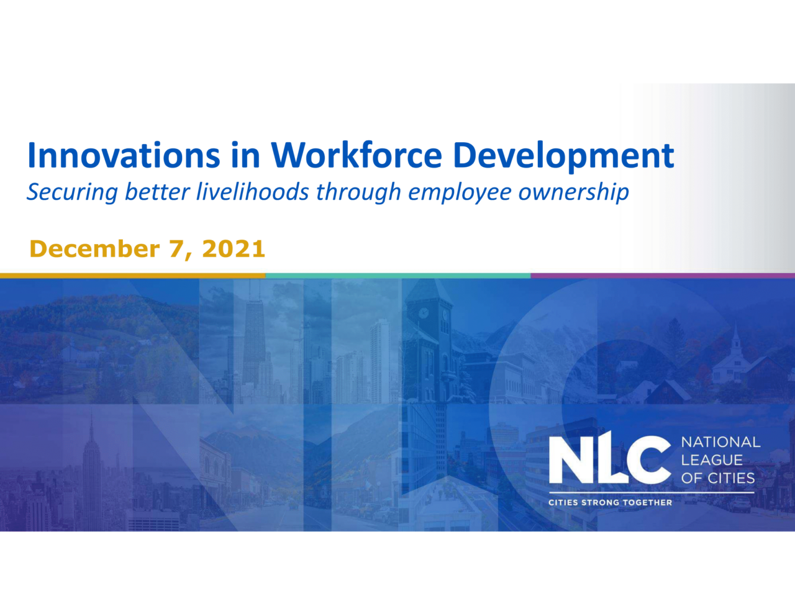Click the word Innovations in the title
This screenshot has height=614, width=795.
(124, 155)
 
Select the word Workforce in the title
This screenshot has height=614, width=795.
(356, 155)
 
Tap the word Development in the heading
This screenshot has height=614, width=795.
(563, 156)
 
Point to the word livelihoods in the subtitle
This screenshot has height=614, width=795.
(252, 191)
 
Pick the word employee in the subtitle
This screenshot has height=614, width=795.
(460, 192)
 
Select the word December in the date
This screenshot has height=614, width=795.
(94, 249)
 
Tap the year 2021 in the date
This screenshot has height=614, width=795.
(234, 249)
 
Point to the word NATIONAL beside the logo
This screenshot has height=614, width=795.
(720, 442)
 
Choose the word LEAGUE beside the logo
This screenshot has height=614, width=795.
(712, 460)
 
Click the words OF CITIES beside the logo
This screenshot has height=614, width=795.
(718, 478)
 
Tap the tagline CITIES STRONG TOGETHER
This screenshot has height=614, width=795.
(610, 502)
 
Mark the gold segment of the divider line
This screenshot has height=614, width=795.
(132, 276)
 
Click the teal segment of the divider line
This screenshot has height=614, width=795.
(397, 276)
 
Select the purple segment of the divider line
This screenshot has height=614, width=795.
(663, 276)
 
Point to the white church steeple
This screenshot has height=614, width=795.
(735, 338)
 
